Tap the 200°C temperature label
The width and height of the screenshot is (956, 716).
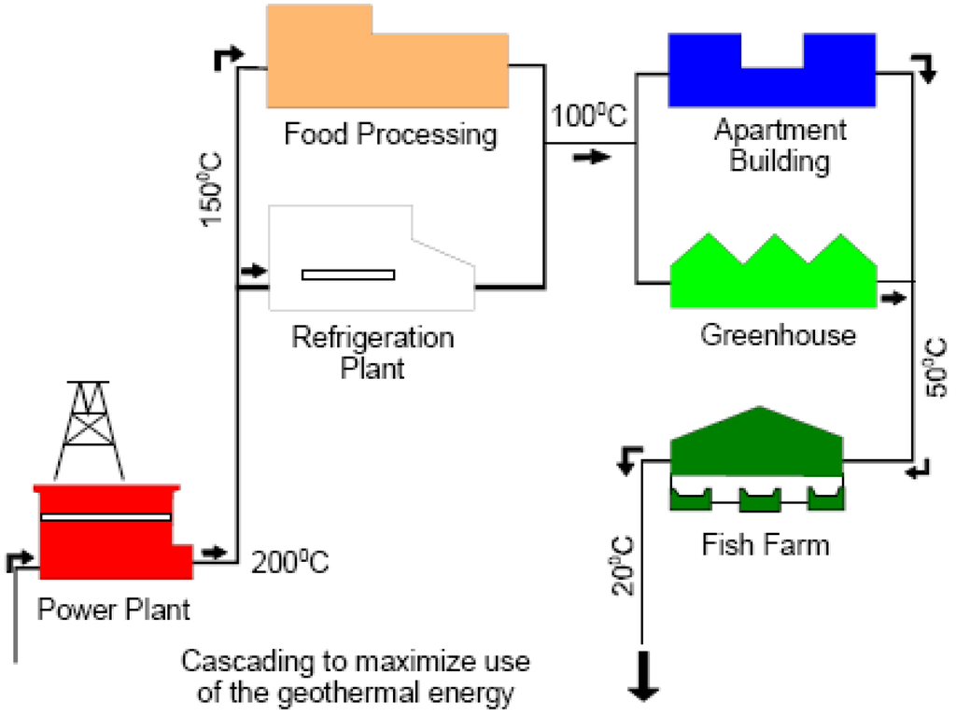tap(290, 564)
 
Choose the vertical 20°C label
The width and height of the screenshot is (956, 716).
tap(624, 566)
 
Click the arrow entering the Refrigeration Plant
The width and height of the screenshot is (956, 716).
tap(253, 272)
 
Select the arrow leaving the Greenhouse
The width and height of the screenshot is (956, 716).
tap(893, 298)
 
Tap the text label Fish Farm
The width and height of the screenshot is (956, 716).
tap(765, 543)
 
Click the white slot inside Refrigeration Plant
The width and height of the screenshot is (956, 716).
tap(348, 274)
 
